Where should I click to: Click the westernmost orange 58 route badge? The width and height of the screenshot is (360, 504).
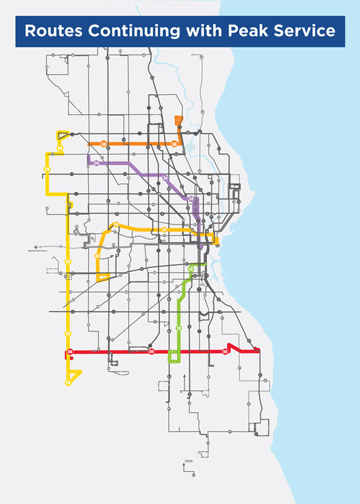pyautogui.click(x=104, y=144)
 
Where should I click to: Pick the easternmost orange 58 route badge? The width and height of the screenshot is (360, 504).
pyautogui.click(x=174, y=144)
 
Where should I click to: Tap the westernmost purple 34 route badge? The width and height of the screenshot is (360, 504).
pyautogui.click(x=97, y=163)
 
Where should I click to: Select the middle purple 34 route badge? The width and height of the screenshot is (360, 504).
pyautogui.click(x=165, y=178)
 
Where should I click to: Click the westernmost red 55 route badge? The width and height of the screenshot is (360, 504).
pyautogui.click(x=70, y=352)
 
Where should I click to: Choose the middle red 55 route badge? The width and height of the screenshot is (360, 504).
pyautogui.click(x=152, y=352)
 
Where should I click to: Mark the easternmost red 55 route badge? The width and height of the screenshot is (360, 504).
pyautogui.click(x=225, y=352)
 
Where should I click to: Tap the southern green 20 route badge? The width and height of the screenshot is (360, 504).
pyautogui.click(x=178, y=329)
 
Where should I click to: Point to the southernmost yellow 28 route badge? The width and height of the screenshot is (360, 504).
pyautogui.click(x=68, y=382)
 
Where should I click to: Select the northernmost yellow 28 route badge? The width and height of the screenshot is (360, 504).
pyautogui.click(x=59, y=148)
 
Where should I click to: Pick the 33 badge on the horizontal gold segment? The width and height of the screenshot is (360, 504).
pyautogui.click(x=165, y=230)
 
